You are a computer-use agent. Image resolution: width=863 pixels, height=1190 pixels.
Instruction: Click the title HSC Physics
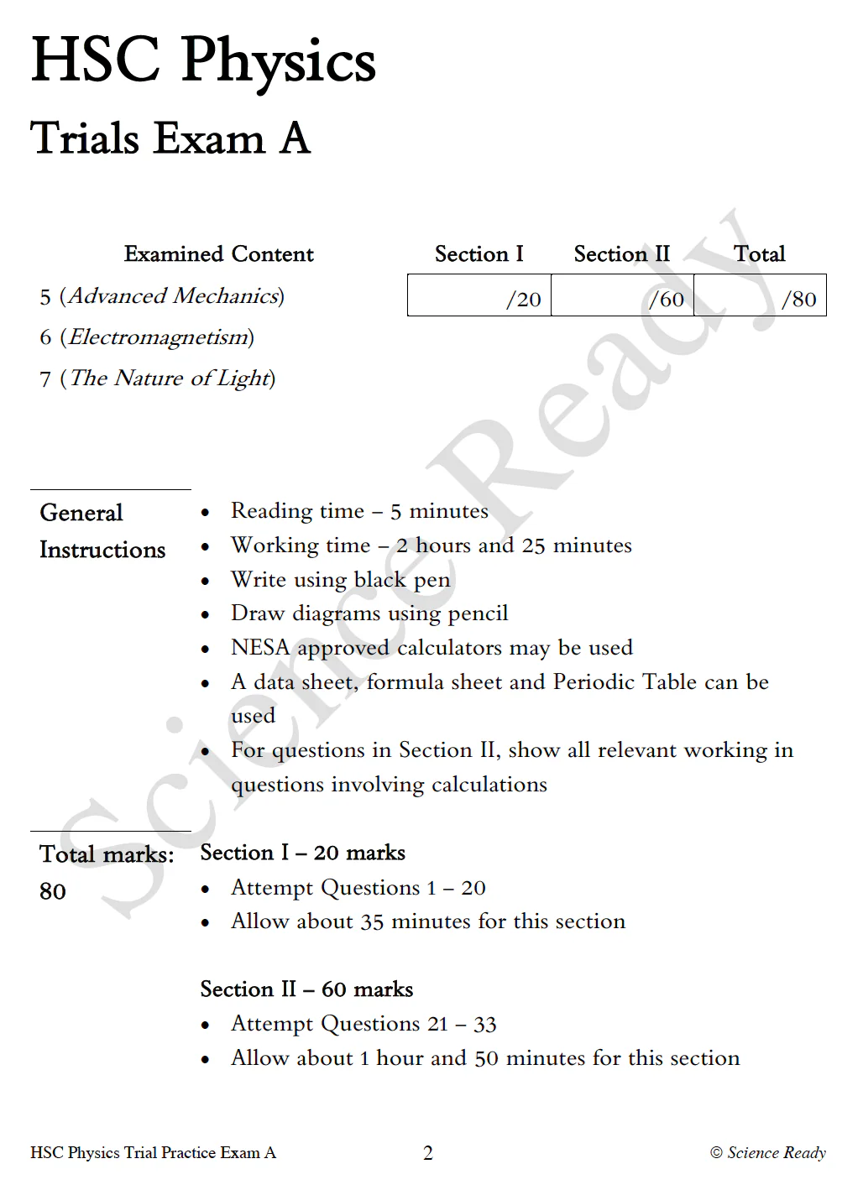point(203,60)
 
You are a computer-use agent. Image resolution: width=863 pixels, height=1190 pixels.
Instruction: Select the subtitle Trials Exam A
point(170,138)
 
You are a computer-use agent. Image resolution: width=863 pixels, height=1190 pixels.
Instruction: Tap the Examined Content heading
point(218,254)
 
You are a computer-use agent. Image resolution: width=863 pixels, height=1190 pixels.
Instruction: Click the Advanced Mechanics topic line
point(162,296)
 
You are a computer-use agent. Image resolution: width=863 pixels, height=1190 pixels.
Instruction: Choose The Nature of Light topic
point(158,378)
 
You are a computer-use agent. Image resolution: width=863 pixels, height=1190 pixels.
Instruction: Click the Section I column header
point(479,254)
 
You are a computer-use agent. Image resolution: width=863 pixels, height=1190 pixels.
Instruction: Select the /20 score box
point(479,295)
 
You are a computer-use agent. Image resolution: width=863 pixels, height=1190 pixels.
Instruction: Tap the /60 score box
point(622,295)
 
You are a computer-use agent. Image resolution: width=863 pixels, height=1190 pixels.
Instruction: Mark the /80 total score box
point(760,295)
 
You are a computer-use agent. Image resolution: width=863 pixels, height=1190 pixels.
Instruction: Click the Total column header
point(759,254)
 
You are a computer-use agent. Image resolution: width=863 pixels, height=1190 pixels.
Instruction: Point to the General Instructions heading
point(102,531)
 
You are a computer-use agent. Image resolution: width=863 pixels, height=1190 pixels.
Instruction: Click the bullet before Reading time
point(206,512)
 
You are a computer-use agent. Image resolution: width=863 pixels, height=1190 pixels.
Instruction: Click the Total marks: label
point(107,854)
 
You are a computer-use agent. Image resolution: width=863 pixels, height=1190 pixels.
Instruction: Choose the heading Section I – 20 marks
point(302,853)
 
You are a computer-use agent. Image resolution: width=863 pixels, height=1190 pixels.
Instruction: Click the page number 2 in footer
point(428,1153)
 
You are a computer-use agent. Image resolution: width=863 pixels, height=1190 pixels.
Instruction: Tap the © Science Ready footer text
point(768,1153)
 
